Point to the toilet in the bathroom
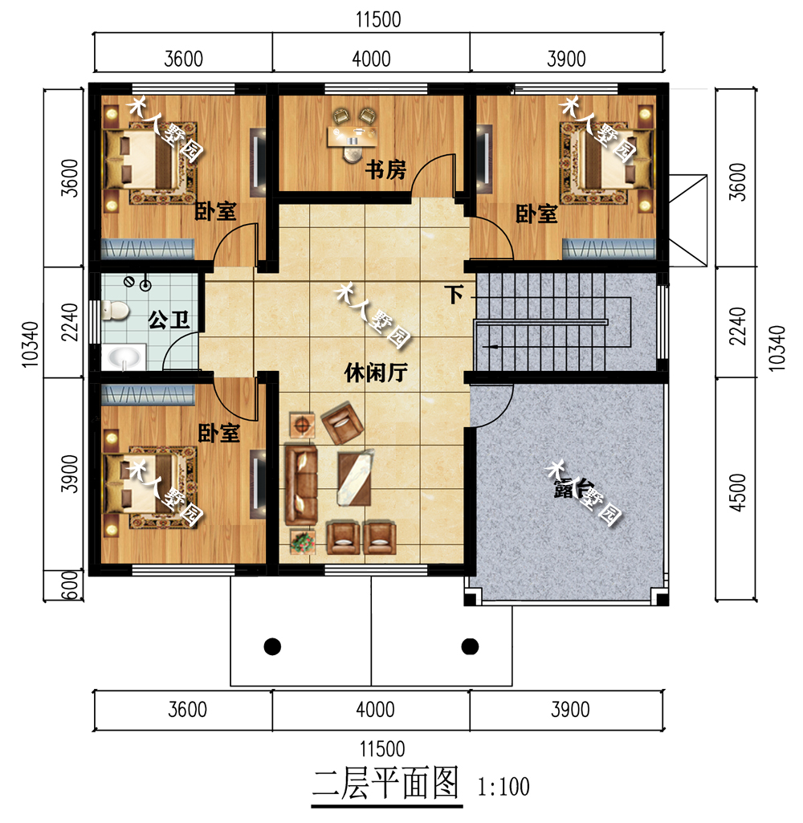(x=113, y=309)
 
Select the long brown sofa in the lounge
(x=302, y=483)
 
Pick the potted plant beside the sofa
(x=301, y=542)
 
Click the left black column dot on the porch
(x=272, y=645)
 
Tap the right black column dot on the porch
(x=470, y=645)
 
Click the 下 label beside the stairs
(x=455, y=295)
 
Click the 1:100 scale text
(x=503, y=786)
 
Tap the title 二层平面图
(x=386, y=782)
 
